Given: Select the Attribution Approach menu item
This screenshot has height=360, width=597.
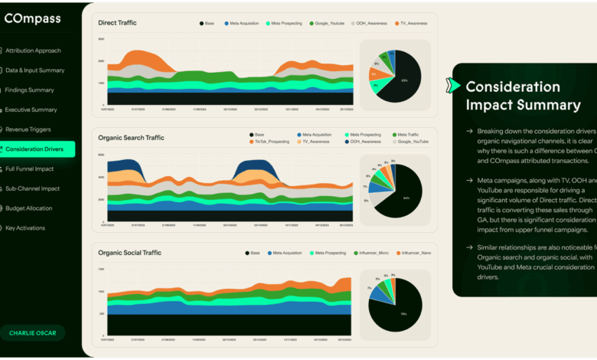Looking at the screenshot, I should (33, 51).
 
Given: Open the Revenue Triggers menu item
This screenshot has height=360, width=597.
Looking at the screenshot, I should (30, 129).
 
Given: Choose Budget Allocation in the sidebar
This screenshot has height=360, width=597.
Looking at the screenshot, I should (29, 208).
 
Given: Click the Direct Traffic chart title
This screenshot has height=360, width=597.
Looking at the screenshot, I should (117, 23).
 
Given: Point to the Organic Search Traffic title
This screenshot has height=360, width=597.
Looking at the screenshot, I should (131, 138).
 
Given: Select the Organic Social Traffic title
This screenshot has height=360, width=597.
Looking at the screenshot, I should (131, 252).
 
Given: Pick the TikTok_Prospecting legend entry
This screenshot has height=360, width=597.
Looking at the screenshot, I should (268, 142).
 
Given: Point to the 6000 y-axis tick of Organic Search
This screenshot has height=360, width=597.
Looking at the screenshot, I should (101, 155).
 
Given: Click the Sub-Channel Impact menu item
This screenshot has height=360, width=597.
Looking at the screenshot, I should (32, 188).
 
